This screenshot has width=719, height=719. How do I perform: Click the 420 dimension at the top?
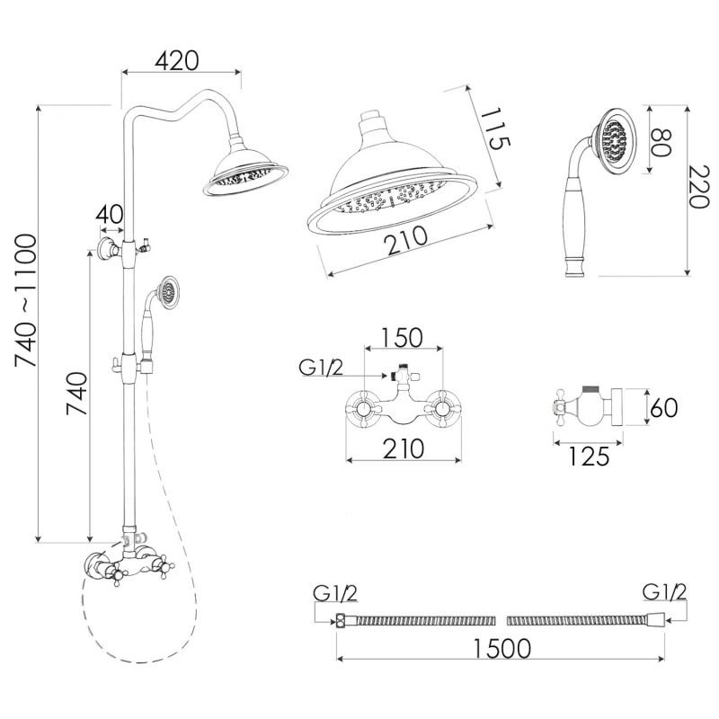[177, 61]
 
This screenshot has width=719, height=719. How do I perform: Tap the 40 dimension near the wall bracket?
[110, 216]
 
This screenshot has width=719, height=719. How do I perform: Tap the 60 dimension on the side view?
[662, 409]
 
